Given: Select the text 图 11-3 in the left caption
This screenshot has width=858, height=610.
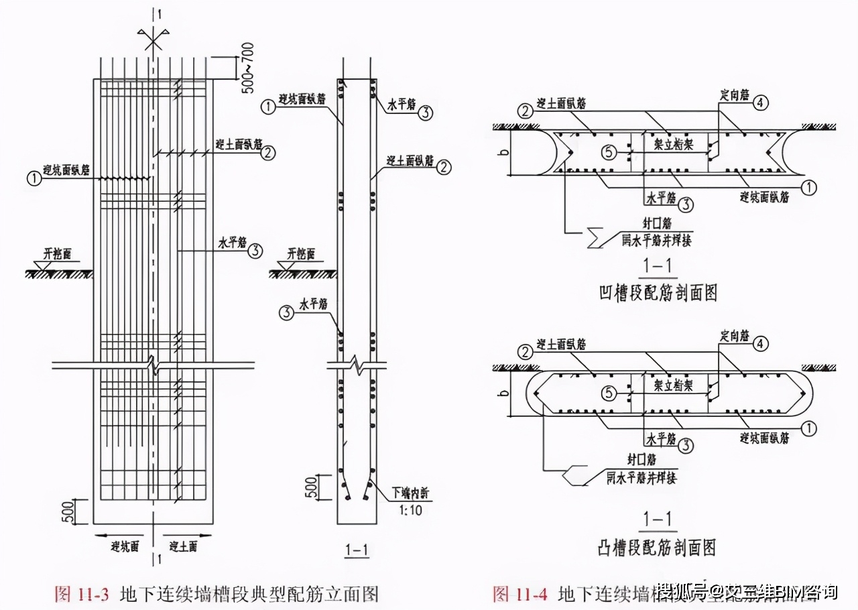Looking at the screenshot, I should pyautogui.click(x=83, y=594).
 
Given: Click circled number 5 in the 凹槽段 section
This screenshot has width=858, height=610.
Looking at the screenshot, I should pyautogui.click(x=608, y=153).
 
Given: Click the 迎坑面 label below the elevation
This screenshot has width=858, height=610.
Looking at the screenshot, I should pyautogui.click(x=124, y=546).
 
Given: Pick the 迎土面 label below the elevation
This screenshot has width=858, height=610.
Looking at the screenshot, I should pyautogui.click(x=183, y=546).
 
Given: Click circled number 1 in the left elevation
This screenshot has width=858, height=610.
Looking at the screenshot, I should pyautogui.click(x=32, y=178).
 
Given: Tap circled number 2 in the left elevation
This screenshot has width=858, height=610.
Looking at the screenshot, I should pyautogui.click(x=267, y=153).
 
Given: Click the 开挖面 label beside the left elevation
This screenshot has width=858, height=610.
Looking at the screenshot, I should pyautogui.click(x=58, y=253).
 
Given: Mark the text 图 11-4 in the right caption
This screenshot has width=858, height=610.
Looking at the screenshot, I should pyautogui.click(x=521, y=594).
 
